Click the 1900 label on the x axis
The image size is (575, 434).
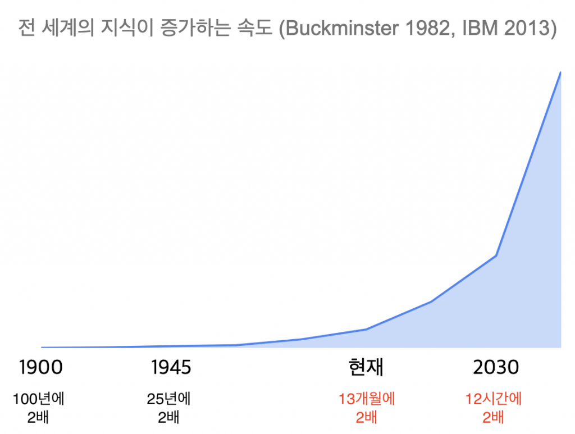click(x=40, y=368)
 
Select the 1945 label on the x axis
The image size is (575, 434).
click(x=171, y=368)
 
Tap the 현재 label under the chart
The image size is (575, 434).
click(x=366, y=368)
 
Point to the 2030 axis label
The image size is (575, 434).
click(x=496, y=368)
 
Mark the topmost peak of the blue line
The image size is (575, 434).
click(x=560, y=72)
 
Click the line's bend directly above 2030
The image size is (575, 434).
click(x=496, y=256)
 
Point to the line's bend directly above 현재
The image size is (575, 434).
click(x=366, y=330)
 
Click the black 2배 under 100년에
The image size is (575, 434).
click(x=39, y=418)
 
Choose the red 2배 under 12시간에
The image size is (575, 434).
click(x=494, y=418)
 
